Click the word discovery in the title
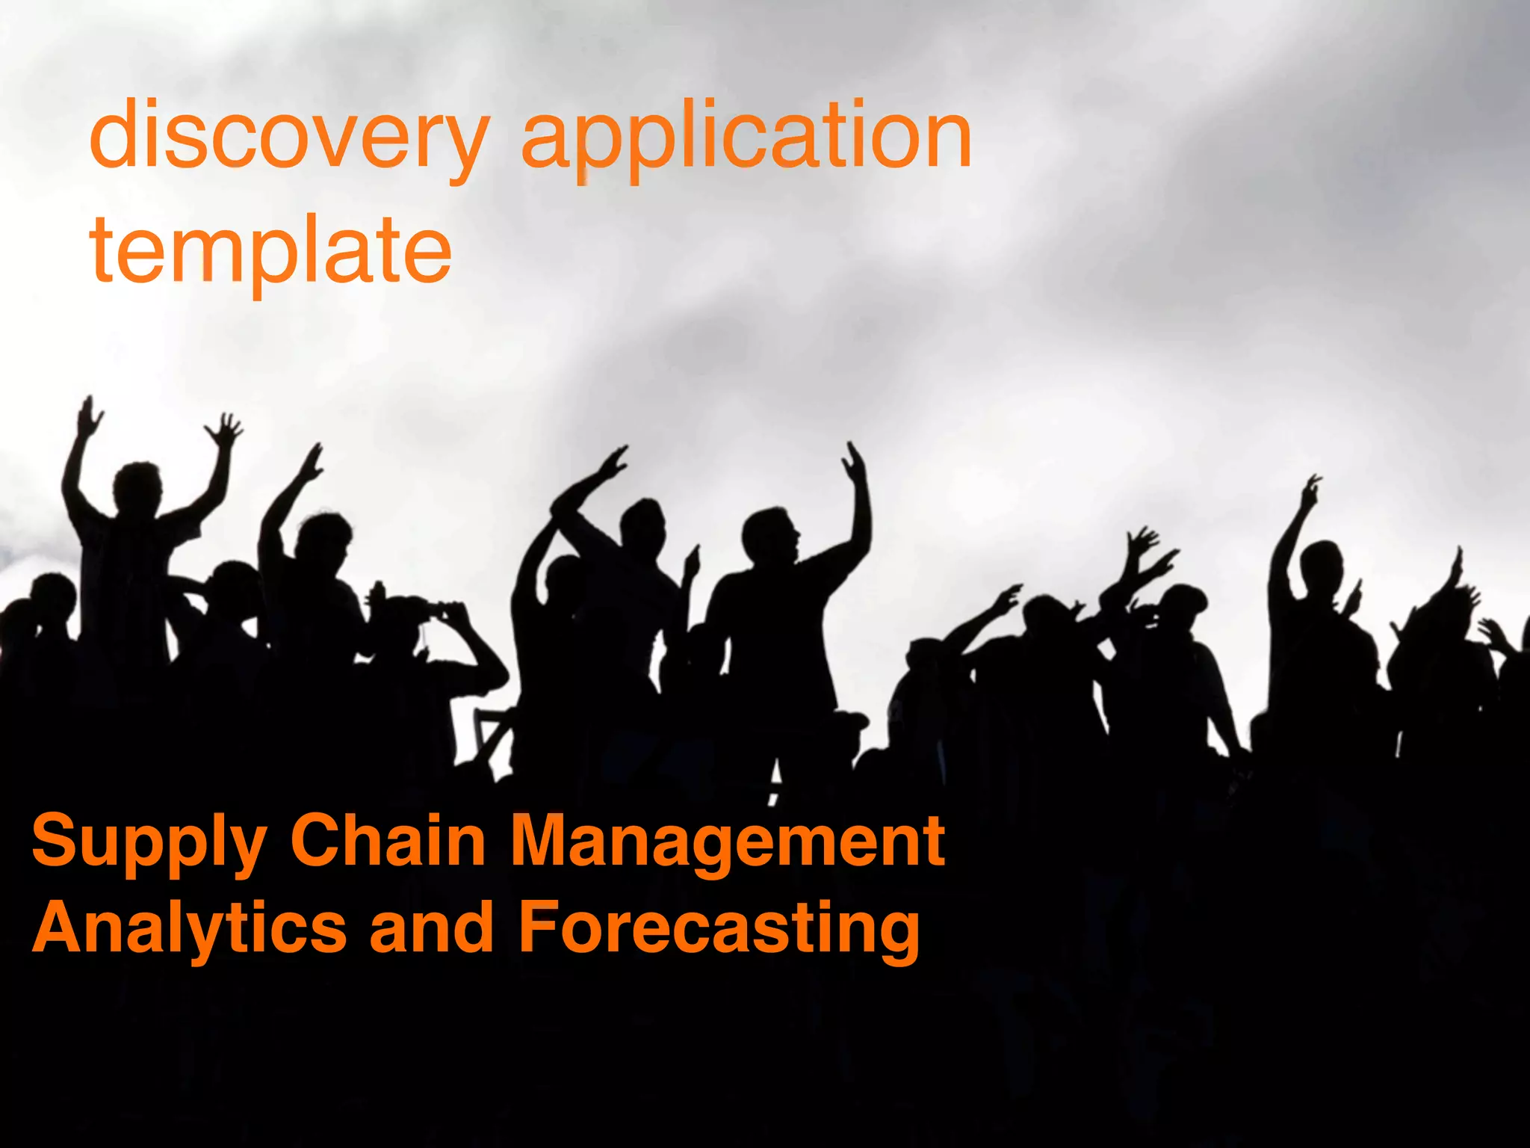coord(288,138)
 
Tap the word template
coord(270,250)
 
